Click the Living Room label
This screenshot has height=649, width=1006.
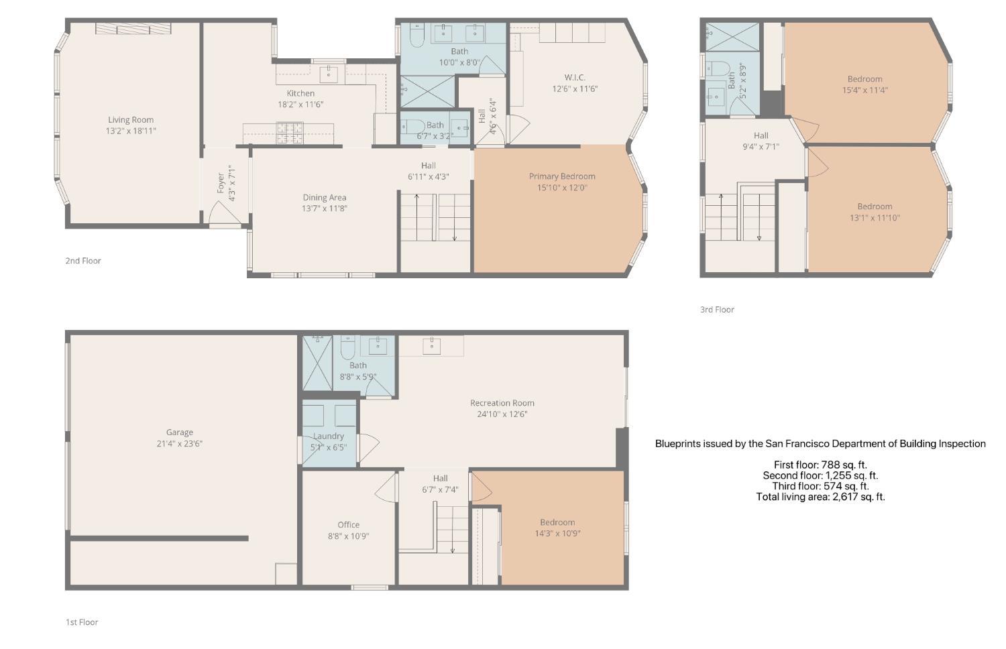click(131, 120)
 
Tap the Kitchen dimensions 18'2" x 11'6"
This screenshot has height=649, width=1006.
click(300, 105)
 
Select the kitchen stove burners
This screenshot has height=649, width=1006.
click(289, 133)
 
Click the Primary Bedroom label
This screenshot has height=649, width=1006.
click(562, 176)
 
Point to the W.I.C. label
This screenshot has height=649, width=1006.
click(575, 78)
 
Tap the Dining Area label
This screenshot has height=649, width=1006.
click(324, 198)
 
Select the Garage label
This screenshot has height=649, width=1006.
click(180, 432)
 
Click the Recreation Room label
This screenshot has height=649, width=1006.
click(502, 403)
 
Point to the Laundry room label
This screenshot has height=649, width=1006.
click(329, 436)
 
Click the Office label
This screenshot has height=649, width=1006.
click(349, 525)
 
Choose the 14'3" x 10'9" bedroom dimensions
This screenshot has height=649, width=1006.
click(557, 534)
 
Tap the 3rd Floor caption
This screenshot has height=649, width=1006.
click(717, 310)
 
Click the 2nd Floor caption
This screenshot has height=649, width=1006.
click(83, 261)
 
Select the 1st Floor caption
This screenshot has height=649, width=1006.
click(82, 622)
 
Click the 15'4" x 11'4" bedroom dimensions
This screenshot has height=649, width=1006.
click(865, 91)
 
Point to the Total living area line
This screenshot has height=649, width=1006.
click(820, 497)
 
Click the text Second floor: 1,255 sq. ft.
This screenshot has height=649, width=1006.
click(820, 475)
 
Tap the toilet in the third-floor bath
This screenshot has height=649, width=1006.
click(718, 68)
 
